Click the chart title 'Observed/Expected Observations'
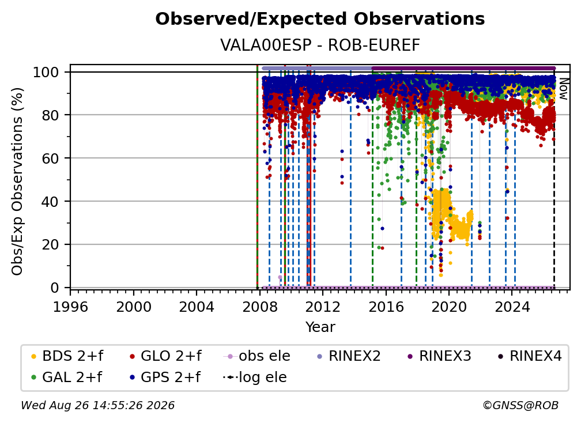tap(320, 19)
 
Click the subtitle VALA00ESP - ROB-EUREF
tap(320, 45)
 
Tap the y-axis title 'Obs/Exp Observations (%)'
tap(17, 182)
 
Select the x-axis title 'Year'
tap(320, 327)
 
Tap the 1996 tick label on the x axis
tap(70, 307)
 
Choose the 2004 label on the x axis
tap(197, 307)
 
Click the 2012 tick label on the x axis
tap(322, 307)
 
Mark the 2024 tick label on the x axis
tap(511, 307)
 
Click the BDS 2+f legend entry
tap(67, 356)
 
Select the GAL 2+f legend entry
tap(66, 377)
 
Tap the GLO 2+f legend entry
tap(165, 356)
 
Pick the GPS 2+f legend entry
tap(164, 377)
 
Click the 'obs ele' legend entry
tap(257, 356)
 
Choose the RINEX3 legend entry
tap(439, 356)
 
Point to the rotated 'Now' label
tap(563, 89)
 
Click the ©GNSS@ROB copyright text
tap(520, 405)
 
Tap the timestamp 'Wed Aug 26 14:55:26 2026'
tap(98, 405)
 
